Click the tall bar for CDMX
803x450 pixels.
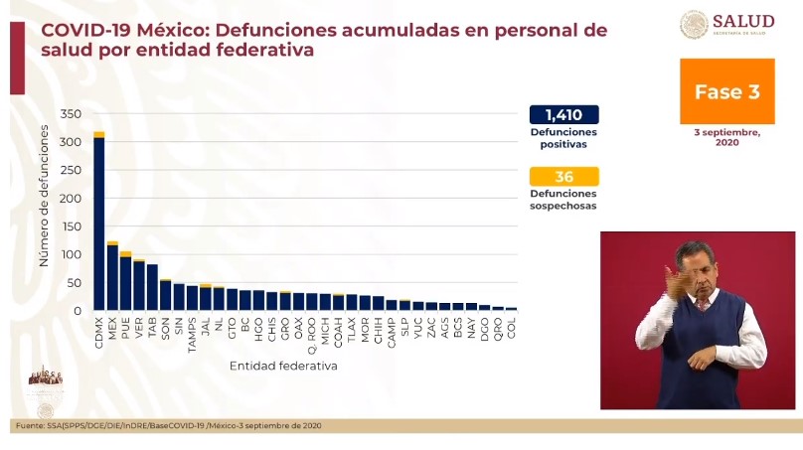tap(99, 224)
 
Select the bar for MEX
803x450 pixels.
tap(112, 278)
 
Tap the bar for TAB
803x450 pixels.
tap(152, 288)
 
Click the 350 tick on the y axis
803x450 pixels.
tap(70, 114)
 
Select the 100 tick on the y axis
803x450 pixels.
tap(70, 255)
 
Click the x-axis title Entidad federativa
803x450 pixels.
tap(283, 366)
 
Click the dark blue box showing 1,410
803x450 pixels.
tap(563, 114)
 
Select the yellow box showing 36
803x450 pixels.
tap(563, 177)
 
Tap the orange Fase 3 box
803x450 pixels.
tap(726, 92)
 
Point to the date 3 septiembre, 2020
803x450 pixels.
tap(726, 137)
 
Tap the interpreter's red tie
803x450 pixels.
tap(704, 303)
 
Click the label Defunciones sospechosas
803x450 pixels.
tap(563, 200)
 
